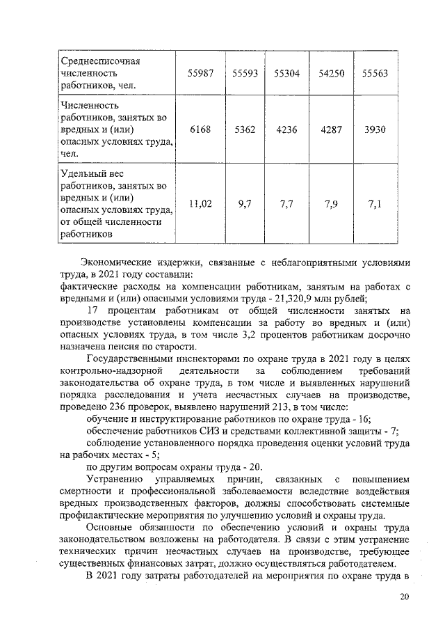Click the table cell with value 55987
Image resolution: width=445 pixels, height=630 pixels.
point(201,73)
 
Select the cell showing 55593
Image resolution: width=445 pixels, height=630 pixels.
point(243,73)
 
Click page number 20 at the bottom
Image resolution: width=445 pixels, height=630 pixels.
point(405,597)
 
